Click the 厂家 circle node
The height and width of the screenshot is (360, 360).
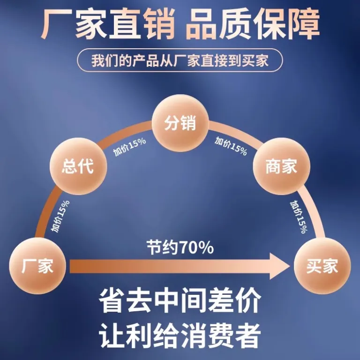click(x=37, y=266)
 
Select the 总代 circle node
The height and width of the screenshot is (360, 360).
click(x=78, y=166)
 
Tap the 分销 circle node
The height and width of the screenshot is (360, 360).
click(x=180, y=123)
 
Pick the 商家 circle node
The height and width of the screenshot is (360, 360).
click(x=281, y=166)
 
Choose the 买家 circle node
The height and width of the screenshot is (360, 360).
click(x=322, y=266)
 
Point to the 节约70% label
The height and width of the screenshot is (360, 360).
click(x=180, y=247)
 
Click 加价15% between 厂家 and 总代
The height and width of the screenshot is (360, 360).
click(x=60, y=216)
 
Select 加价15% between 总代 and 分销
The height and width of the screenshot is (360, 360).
click(x=129, y=147)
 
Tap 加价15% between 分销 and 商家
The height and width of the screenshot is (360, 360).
click(x=231, y=146)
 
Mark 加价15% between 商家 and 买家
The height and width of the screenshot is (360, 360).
click(x=299, y=217)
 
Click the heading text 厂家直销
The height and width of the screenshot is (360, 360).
click(x=108, y=23)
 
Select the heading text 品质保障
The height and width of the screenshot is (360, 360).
click(x=252, y=23)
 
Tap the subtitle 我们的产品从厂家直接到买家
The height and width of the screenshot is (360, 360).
click(x=180, y=60)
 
